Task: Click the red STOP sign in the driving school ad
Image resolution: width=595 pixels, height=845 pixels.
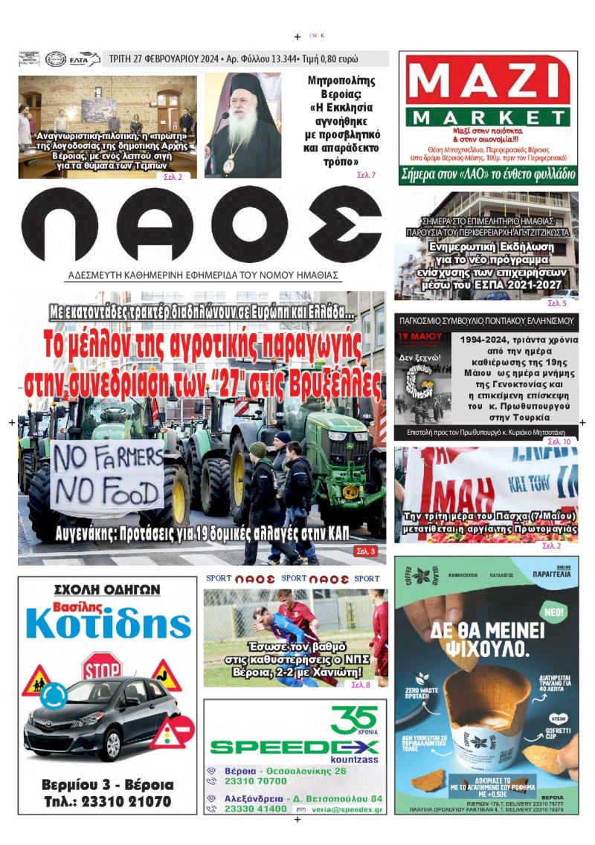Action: [101, 668]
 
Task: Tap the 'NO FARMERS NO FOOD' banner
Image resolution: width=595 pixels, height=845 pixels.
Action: [106, 476]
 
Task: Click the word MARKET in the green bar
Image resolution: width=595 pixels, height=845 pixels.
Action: [489, 117]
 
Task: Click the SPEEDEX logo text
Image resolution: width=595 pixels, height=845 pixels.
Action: [294, 746]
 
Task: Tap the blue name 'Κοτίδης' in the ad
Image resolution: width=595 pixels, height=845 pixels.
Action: [108, 627]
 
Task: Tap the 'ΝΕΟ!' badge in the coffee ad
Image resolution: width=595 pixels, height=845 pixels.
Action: [552, 610]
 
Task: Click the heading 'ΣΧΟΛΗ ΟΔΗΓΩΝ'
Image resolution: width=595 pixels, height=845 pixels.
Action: [108, 589]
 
